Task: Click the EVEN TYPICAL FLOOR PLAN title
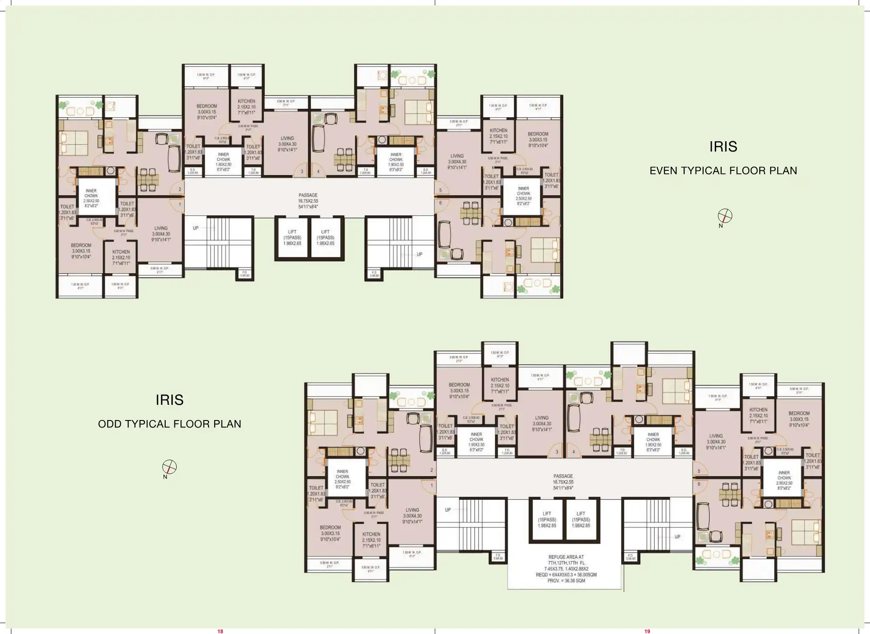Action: pos(723,171)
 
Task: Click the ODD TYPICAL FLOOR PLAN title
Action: pos(169,424)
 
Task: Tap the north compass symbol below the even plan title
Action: pos(725,216)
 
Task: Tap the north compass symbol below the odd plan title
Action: pos(169,467)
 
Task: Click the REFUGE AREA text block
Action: pos(566,569)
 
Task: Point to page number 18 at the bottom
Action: pos(220,631)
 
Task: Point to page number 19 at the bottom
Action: pos(647,631)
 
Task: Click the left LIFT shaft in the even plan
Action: pos(292,238)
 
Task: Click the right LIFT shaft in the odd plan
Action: pos(581,519)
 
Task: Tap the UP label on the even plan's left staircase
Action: pos(196,228)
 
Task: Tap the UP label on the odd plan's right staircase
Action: pos(677,537)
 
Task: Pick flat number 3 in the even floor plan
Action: pos(302,172)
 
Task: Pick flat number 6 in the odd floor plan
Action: pos(699,484)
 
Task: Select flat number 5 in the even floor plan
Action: pos(440,190)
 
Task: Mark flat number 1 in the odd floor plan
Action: pos(432,485)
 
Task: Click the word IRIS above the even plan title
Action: pos(723,147)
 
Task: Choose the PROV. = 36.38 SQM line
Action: pos(566,581)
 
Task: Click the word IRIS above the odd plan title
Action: pos(169,400)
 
